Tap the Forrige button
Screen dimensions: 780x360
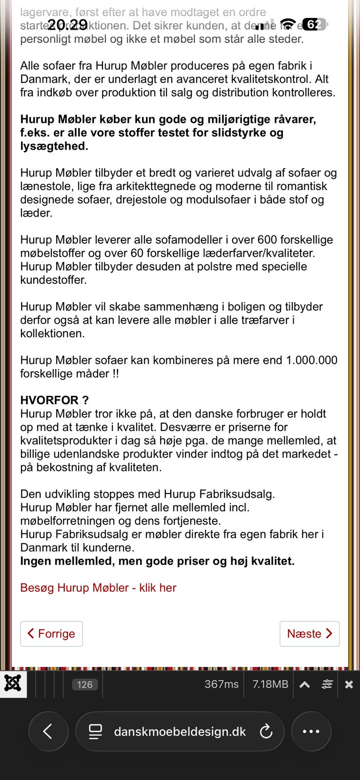(51, 634)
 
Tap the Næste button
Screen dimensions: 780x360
(309, 634)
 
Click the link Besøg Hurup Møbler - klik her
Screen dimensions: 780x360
(98, 588)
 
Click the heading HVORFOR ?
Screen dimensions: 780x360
(54, 400)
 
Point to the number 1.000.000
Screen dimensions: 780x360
(311, 360)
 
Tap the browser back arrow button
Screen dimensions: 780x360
(48, 731)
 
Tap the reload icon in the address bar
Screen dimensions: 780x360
(266, 731)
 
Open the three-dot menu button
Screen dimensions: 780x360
(311, 731)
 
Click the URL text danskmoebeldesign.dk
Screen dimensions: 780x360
(180, 732)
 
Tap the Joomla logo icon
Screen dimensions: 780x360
(13, 684)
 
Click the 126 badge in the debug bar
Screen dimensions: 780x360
(85, 684)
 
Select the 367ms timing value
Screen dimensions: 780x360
(221, 684)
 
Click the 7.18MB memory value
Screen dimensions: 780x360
(270, 684)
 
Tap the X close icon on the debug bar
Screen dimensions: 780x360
(349, 684)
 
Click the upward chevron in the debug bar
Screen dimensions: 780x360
(304, 684)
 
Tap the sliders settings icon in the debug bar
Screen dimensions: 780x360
(327, 684)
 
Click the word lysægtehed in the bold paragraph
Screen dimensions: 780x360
(54, 146)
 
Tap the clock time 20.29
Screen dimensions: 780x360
(67, 25)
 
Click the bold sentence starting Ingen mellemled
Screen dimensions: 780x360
(157, 561)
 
